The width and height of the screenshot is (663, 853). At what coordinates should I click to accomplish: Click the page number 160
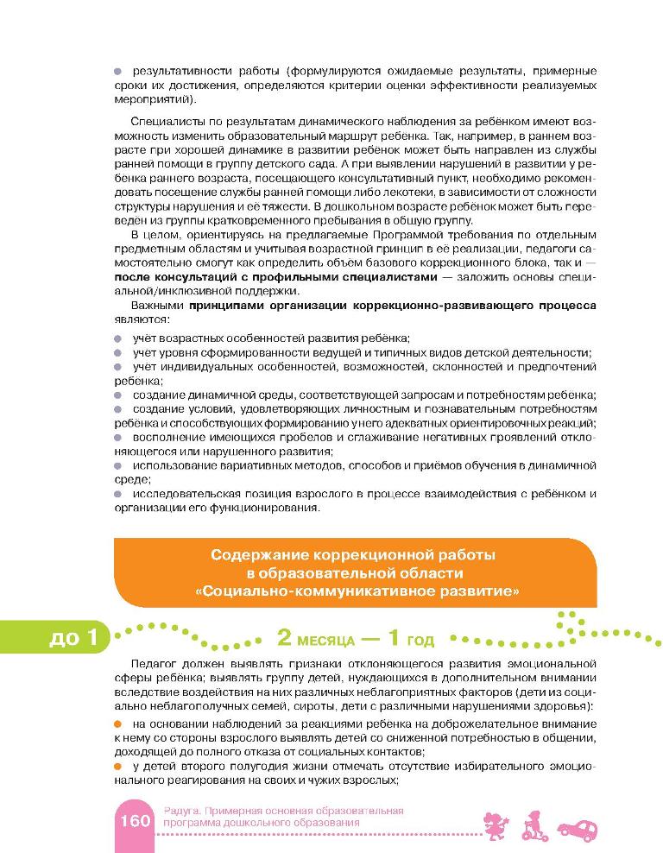[133, 819]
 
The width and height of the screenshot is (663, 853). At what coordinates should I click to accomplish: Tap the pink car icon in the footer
[577, 828]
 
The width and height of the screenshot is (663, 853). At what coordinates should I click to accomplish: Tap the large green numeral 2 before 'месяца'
[284, 639]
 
